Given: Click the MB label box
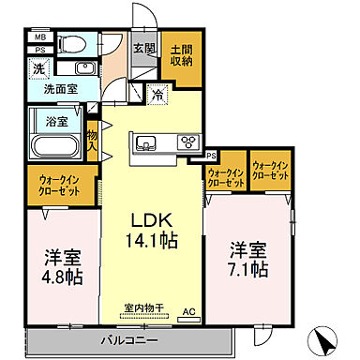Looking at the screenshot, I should point(39,37).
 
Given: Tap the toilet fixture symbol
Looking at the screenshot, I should point(72,43).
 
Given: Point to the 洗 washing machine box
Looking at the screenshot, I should point(39,68).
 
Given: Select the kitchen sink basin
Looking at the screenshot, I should point(147,142).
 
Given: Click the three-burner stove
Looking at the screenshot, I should point(188,142).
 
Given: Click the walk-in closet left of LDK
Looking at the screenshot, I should point(58,184).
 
